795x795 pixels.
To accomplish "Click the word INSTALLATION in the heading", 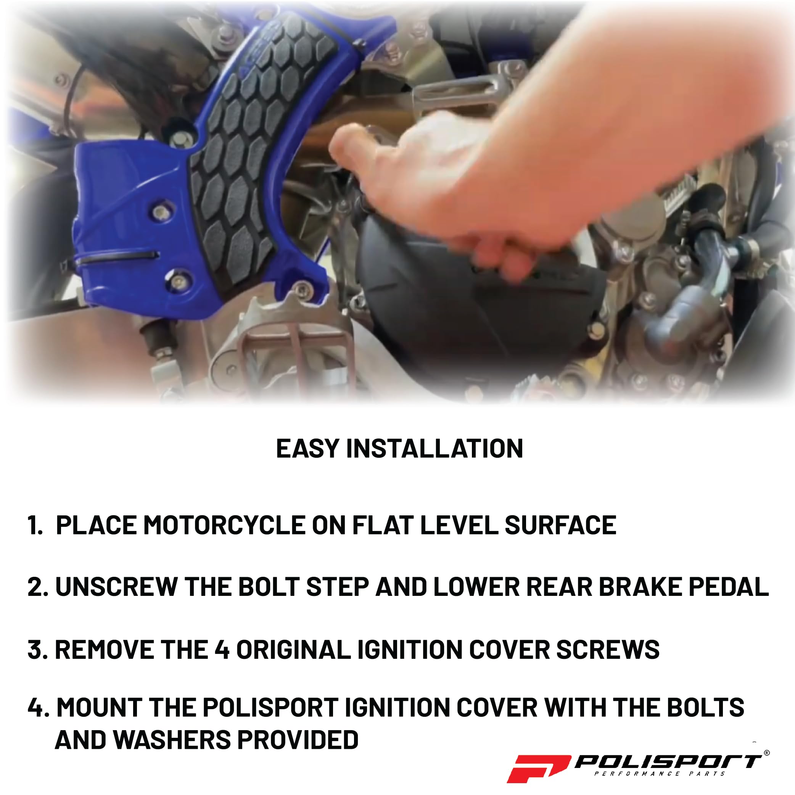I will click(435, 449).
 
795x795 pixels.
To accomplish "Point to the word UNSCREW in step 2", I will click(116, 587).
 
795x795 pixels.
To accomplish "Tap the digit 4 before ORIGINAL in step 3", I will click(222, 650).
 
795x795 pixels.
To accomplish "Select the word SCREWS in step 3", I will click(608, 650).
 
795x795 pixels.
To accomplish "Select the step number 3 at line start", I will click(35, 650).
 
